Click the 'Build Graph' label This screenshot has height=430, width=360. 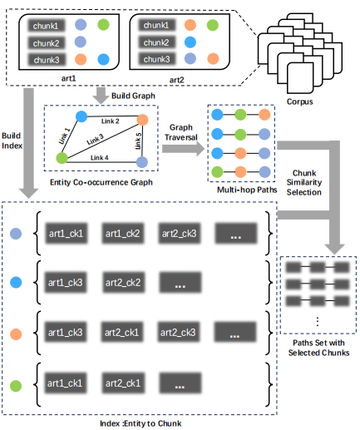point(133,96)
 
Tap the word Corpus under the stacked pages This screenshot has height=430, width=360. point(299,101)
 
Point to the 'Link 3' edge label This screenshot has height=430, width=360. point(95,140)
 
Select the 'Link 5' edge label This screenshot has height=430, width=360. point(138,141)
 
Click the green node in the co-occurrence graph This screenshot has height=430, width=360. point(62,158)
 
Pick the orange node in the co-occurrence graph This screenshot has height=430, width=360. point(142,120)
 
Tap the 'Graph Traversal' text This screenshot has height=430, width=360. point(181,132)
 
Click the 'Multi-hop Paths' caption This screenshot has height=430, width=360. point(247,190)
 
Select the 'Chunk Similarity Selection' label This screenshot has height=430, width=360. point(304,182)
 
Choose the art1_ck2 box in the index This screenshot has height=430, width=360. point(122,234)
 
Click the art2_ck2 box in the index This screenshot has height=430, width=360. point(123,283)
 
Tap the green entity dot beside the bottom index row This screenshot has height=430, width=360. point(16,386)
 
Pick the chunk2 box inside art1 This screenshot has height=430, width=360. point(47,43)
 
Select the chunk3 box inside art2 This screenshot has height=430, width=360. point(157,59)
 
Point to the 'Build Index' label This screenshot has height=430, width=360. point(12,141)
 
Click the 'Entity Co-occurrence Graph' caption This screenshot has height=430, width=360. point(101,182)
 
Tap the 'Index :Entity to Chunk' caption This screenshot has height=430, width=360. point(141,423)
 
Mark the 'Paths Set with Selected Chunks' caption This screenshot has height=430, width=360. point(318,348)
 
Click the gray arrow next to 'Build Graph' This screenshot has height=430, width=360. point(101,96)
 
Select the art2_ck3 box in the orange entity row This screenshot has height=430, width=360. point(178,332)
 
